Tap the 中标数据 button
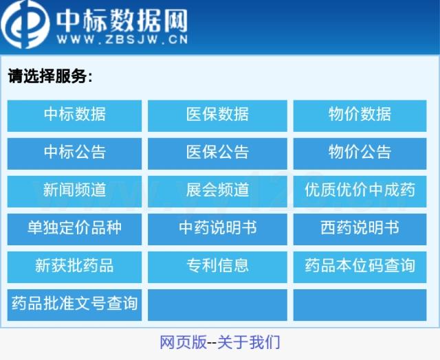tap(74, 116)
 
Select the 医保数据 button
tap(217, 116)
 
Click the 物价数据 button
tap(360, 116)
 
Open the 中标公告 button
tap(74, 154)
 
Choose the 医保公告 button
tap(217, 154)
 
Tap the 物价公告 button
tap(360, 154)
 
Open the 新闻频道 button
tap(74, 192)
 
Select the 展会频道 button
tap(217, 192)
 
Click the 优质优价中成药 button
tap(360, 192)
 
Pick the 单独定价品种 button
tap(74, 229)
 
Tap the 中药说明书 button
tap(217, 229)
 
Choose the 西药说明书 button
tap(360, 229)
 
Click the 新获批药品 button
tap(74, 267)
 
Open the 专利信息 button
tap(217, 267)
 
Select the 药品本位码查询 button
tap(360, 267)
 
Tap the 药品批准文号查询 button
tap(74, 305)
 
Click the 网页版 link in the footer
tap(184, 342)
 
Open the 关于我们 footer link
tap(249, 342)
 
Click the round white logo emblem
tap(25, 25)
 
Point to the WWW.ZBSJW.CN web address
tap(122, 39)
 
